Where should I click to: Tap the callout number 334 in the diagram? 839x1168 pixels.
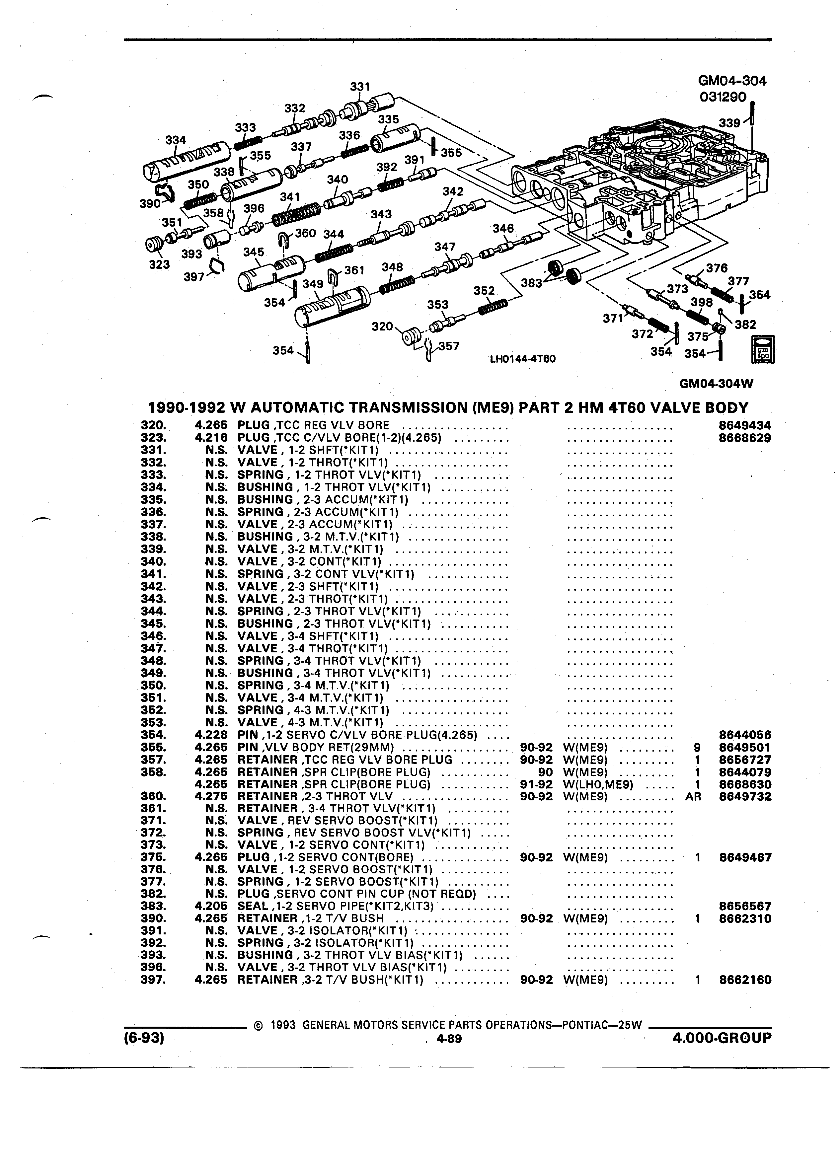tap(175, 140)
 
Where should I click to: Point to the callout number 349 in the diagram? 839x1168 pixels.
tap(313, 284)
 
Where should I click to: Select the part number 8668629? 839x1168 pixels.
tap(745, 438)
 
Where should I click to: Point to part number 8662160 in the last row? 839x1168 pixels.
tap(745, 980)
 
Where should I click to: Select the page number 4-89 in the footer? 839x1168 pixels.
tap(449, 1039)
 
